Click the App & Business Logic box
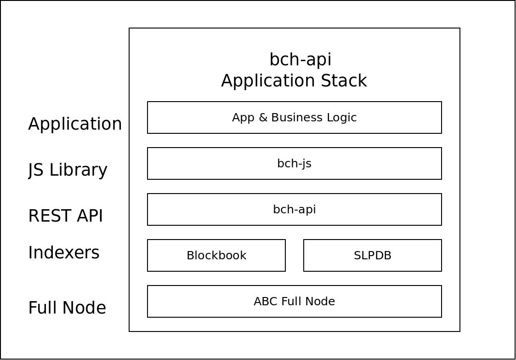pos(294,118)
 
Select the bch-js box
pos(294,163)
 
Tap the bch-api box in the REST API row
pos(294,210)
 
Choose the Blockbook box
pos(216,255)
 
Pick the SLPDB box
pos(373,255)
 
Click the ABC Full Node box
pos(294,301)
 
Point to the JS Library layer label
pos(68,170)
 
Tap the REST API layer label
pos(66,216)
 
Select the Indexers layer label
pos(63,252)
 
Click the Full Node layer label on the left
pos(67,308)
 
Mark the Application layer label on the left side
pos(75,124)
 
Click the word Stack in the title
pos(344,81)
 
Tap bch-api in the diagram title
pos(301,60)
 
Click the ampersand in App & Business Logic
pos(263,118)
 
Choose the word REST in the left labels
pos(51,216)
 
